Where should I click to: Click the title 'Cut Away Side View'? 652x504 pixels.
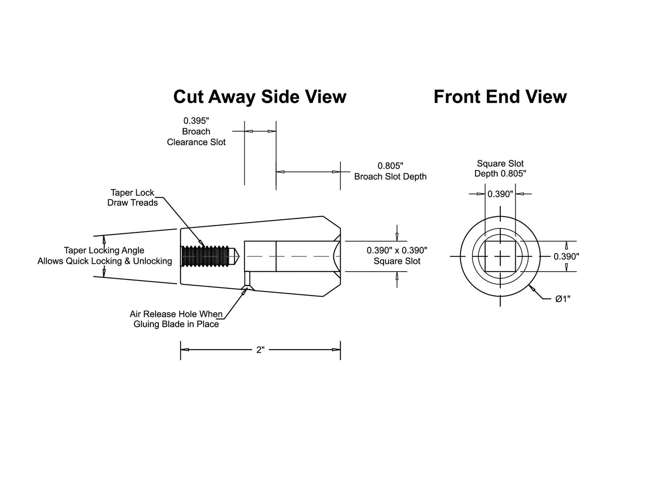pyautogui.click(x=260, y=97)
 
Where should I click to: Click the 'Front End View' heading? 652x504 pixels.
pyautogui.click(x=500, y=97)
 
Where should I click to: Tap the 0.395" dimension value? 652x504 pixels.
pyautogui.click(x=196, y=120)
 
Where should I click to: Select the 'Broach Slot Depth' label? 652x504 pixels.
pyautogui.click(x=390, y=176)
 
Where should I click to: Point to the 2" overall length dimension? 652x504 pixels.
pyautogui.click(x=260, y=350)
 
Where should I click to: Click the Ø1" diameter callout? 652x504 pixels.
pyautogui.click(x=563, y=299)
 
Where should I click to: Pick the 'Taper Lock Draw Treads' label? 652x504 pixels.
pyautogui.click(x=132, y=198)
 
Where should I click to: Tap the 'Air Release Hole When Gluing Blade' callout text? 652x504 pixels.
pyautogui.click(x=176, y=319)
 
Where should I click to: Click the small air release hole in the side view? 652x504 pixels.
pyautogui.click(x=247, y=278)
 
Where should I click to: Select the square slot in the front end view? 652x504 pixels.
pyautogui.click(x=500, y=256)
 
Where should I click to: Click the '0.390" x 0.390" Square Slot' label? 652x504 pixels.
pyautogui.click(x=397, y=255)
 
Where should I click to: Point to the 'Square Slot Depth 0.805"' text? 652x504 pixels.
pyautogui.click(x=500, y=169)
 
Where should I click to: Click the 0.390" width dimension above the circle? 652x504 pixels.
pyautogui.click(x=500, y=194)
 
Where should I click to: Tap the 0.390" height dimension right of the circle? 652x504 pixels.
pyautogui.click(x=566, y=256)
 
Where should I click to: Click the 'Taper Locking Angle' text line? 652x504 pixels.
pyautogui.click(x=104, y=250)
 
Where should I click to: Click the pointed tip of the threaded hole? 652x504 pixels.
pyautogui.click(x=239, y=256)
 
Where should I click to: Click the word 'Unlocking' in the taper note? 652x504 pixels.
pyautogui.click(x=153, y=261)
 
